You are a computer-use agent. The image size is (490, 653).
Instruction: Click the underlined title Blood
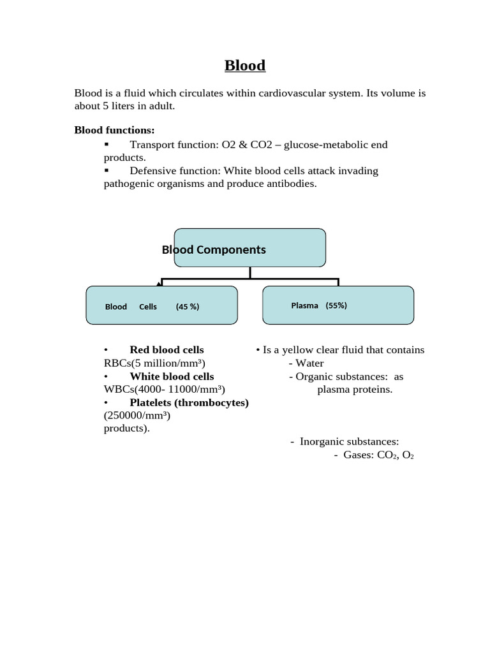click(x=245, y=66)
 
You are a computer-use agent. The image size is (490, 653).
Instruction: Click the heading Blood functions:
click(x=114, y=130)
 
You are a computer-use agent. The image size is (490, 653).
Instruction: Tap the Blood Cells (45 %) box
click(x=161, y=305)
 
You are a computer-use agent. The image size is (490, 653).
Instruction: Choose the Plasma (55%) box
click(x=338, y=305)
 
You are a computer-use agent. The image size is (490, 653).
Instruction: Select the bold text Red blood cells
click(x=167, y=349)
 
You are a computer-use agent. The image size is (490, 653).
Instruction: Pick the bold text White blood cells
click(x=172, y=376)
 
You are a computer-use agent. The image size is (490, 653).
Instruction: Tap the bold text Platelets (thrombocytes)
click(x=189, y=402)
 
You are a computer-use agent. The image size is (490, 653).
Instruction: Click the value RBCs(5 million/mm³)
click(x=155, y=363)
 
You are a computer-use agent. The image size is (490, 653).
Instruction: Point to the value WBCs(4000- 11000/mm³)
click(x=165, y=389)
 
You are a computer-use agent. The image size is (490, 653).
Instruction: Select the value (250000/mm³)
click(x=137, y=415)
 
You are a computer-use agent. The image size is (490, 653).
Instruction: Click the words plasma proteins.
click(x=355, y=389)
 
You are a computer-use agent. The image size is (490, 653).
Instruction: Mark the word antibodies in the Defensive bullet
click(x=292, y=184)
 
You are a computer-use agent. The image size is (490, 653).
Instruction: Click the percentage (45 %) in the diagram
click(x=188, y=306)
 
